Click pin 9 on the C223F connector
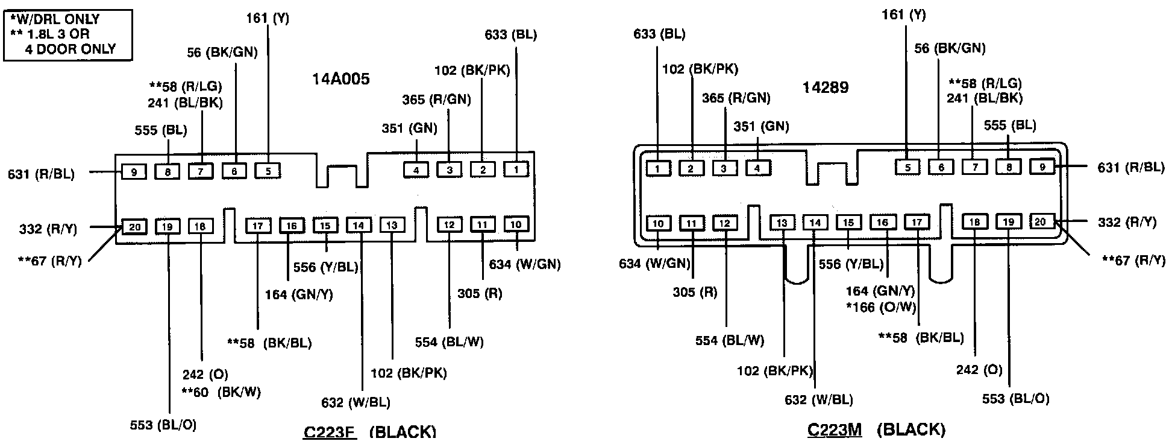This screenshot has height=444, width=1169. click(134, 172)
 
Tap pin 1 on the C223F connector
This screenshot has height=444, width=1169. click(516, 170)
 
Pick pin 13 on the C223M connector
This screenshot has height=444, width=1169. click(782, 223)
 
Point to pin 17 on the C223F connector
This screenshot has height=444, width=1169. click(258, 226)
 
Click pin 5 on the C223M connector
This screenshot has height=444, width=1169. click(907, 167)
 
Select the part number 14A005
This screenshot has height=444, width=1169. click(340, 80)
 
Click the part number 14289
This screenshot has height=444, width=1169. click(825, 87)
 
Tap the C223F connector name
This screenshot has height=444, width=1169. click(330, 432)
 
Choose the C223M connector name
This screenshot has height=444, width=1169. click(835, 430)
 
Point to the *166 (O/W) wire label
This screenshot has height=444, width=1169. click(881, 308)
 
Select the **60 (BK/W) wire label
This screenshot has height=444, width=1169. click(221, 392)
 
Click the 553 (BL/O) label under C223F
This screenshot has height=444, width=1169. click(163, 425)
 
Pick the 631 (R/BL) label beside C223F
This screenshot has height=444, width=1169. click(42, 174)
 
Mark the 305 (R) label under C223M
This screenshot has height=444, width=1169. click(695, 293)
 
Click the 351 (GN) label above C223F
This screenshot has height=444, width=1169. click(410, 128)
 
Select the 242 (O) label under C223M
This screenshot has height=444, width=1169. click(979, 369)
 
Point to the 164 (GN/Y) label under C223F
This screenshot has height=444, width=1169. click(299, 295)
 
